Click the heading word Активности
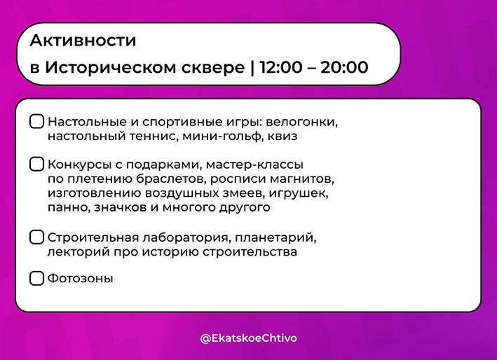[83, 41]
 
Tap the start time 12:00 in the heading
[281, 67]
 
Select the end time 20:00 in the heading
[345, 67]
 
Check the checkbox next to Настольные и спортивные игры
[36, 122]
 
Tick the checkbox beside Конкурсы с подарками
[36, 165]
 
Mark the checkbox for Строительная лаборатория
[36, 237]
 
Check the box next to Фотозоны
[36, 278]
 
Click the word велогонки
[301, 122]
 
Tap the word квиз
[282, 137]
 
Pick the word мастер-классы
[254, 165]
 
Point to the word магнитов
[302, 179]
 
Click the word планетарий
[275, 238]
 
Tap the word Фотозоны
[81, 279]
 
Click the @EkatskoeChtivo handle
[249, 338]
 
